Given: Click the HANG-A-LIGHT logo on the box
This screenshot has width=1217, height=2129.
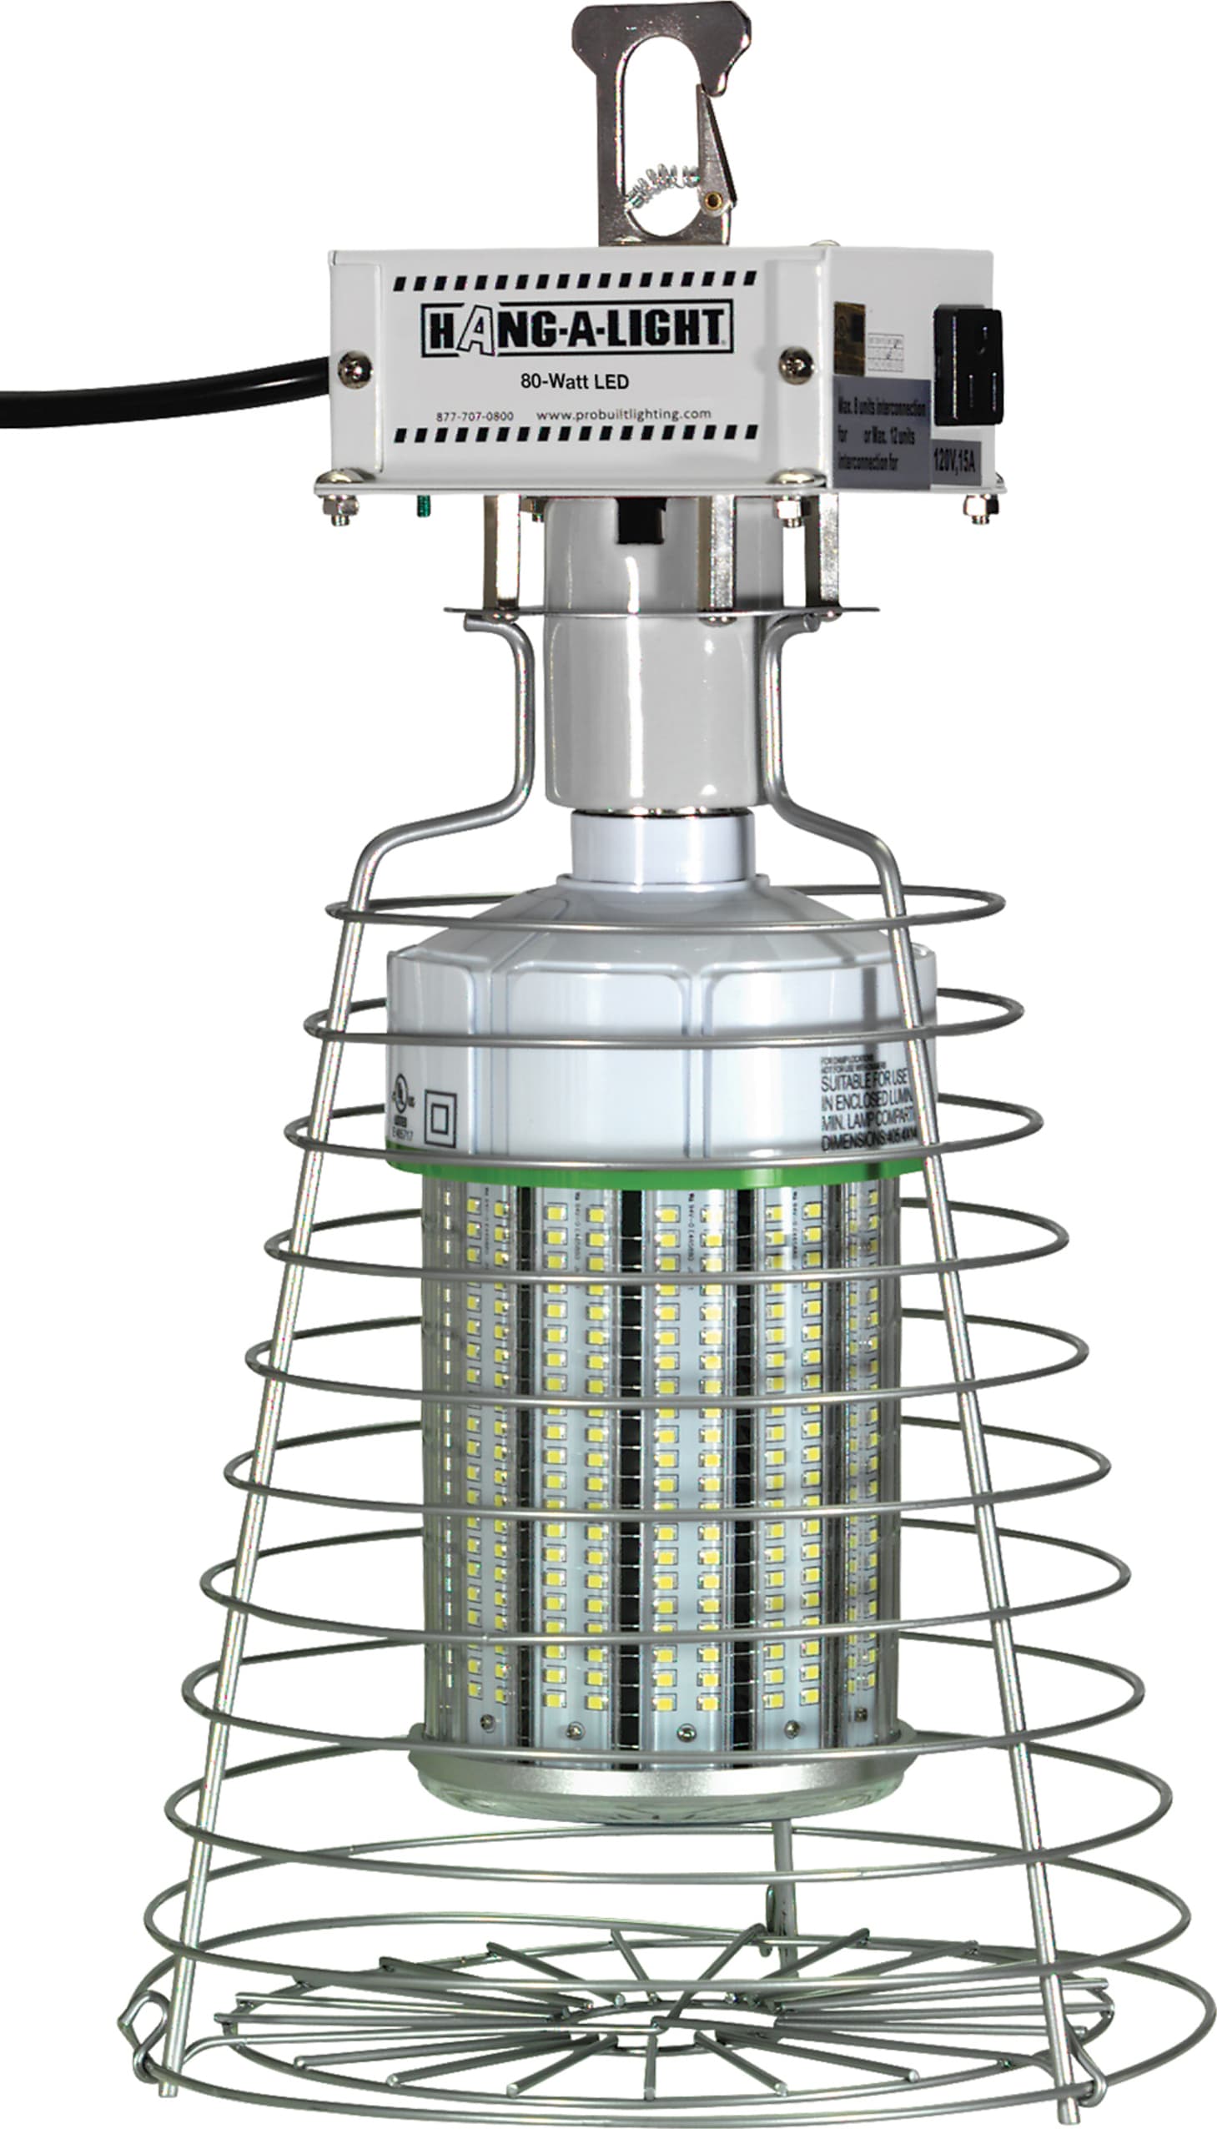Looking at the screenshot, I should (576, 329).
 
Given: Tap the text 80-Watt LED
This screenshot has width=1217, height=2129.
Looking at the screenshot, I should (574, 382).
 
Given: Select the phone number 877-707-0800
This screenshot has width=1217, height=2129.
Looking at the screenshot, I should (475, 416).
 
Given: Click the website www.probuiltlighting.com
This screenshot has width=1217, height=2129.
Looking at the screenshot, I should (624, 414).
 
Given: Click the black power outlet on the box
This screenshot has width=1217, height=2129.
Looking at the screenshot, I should (967, 365).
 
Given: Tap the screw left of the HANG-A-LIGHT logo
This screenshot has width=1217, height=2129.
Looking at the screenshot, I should (355, 369).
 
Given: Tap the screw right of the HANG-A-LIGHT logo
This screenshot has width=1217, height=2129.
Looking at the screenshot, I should (796, 365).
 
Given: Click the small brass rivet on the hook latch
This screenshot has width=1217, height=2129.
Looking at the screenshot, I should (713, 199).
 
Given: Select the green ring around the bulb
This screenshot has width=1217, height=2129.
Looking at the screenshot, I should (652, 1173).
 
